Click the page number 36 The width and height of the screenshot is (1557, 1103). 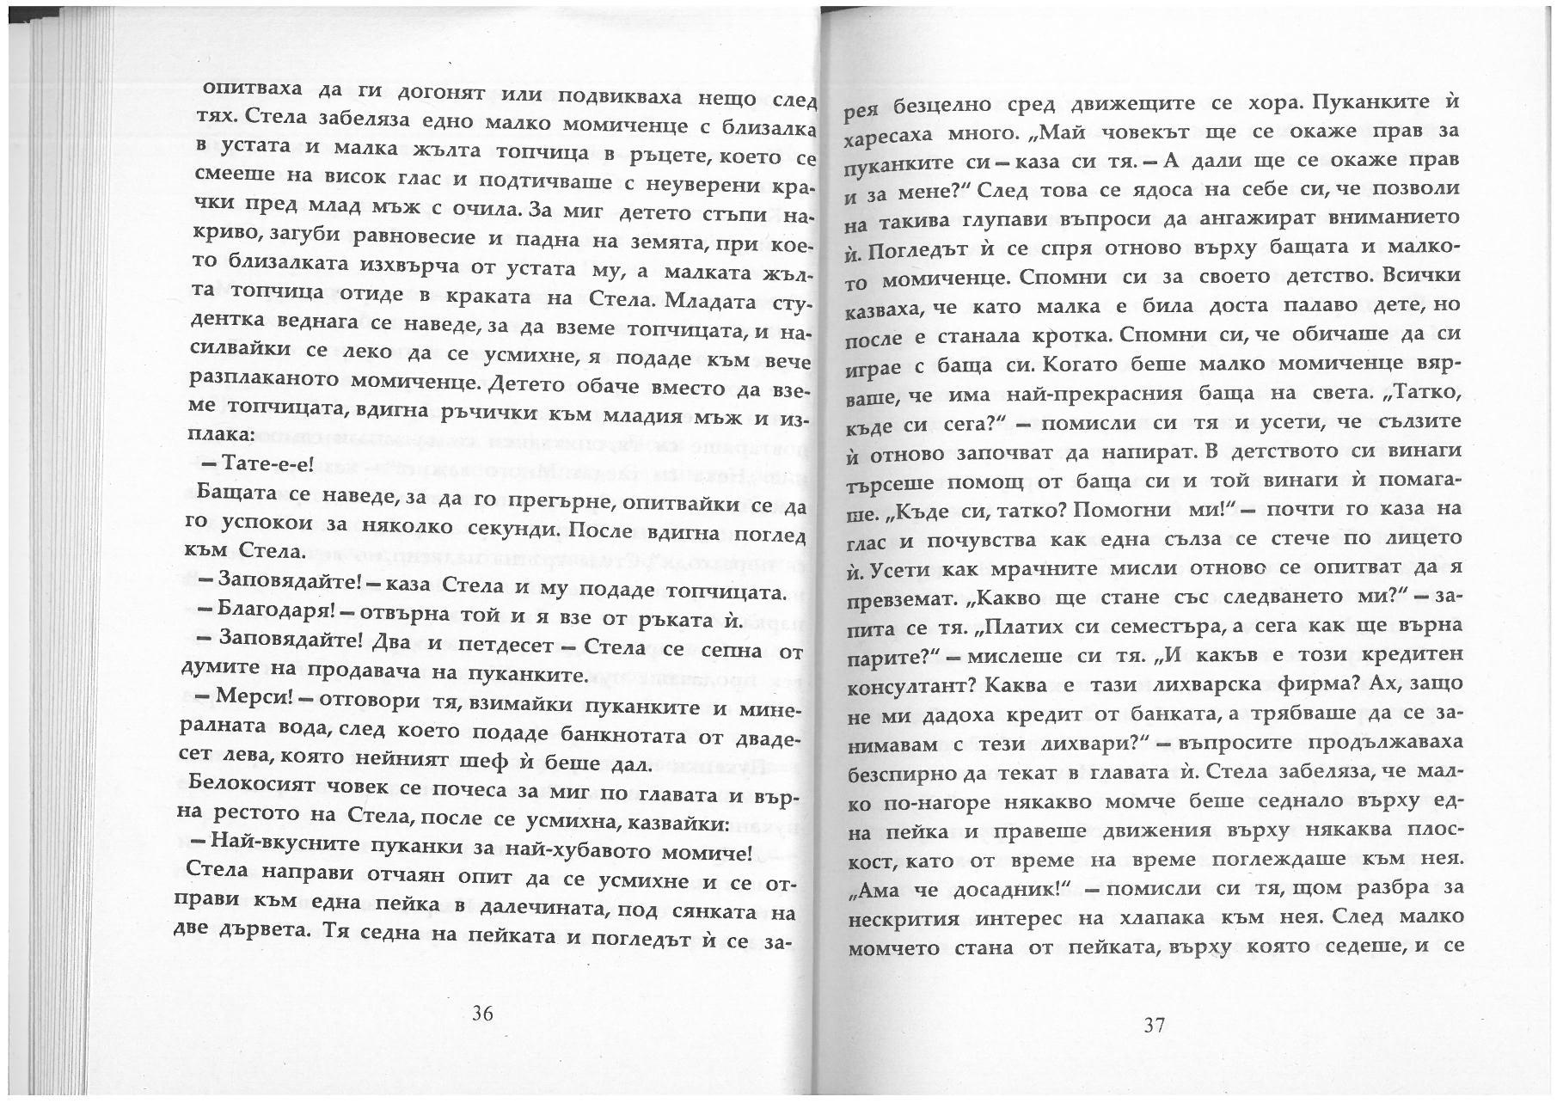point(482,1014)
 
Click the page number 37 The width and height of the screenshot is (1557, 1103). point(1154,1024)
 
